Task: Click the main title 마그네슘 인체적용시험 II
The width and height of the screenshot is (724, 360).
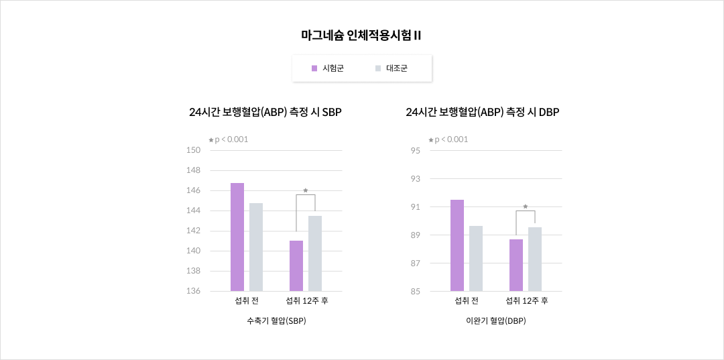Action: click(x=361, y=36)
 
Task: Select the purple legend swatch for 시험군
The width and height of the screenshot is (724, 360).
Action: click(x=314, y=68)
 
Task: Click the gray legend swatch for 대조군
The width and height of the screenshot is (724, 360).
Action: click(x=378, y=68)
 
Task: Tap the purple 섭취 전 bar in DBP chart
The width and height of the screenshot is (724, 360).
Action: click(x=457, y=245)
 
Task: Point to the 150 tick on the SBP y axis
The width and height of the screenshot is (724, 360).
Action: click(x=193, y=150)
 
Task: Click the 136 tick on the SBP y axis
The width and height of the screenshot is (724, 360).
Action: click(x=193, y=291)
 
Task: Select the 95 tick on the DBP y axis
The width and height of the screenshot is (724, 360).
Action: click(x=416, y=150)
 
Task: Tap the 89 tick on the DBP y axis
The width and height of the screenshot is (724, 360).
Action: click(x=416, y=235)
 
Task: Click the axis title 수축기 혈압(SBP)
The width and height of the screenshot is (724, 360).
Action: click(x=276, y=320)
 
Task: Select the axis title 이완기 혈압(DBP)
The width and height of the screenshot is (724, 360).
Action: click(x=496, y=320)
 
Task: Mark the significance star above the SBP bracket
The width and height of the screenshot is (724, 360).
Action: click(x=306, y=190)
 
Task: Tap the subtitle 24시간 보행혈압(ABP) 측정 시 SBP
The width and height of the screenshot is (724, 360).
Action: click(x=265, y=113)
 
